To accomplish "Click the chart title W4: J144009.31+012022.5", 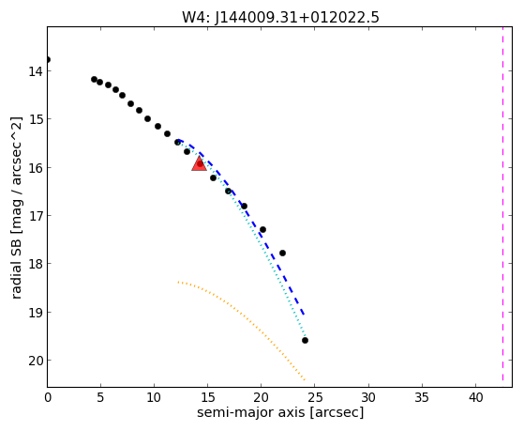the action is click(280, 17).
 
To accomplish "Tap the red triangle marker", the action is click(199, 163).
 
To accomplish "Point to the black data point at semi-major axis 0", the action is click(48, 59).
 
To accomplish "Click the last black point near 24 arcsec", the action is click(305, 340).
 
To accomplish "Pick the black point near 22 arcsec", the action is click(282, 253).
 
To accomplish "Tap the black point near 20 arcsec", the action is click(262, 229).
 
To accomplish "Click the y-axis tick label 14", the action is click(35, 71).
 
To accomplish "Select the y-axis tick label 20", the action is click(35, 361).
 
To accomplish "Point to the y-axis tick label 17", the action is click(35, 216).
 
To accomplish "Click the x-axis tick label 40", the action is click(475, 397).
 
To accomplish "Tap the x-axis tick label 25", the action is click(315, 397).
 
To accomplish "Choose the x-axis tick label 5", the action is click(100, 397).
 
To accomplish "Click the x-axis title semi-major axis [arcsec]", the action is click(280, 412).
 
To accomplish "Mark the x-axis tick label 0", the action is click(48, 397).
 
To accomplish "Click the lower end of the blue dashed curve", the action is click(304, 315).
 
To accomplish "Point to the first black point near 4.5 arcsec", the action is click(94, 80).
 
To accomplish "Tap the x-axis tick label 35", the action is click(422, 397).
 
